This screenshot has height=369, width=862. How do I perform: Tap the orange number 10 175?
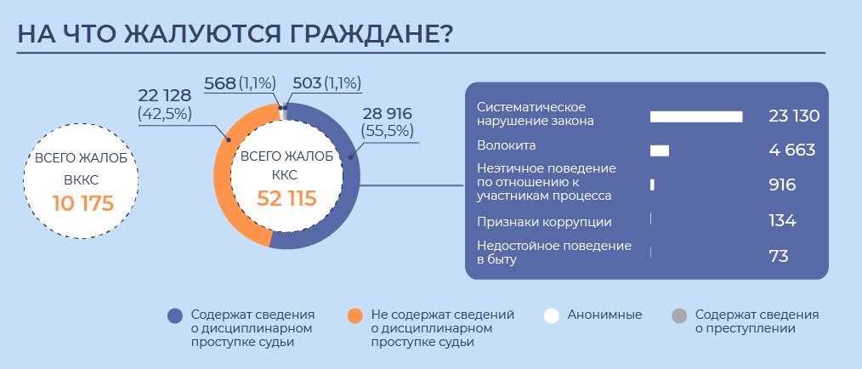82,203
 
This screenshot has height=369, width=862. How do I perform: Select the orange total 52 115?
286,198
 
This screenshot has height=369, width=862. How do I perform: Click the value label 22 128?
164,95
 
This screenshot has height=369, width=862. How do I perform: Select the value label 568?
220,83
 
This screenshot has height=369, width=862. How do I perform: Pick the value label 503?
307,83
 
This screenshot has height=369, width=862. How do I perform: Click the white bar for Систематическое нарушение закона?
696,116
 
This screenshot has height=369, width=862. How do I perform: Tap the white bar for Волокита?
660,151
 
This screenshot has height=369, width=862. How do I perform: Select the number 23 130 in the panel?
794,116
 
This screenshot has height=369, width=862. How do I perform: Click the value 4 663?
791,150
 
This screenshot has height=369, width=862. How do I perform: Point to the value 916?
782,184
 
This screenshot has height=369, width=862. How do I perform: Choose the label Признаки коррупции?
544,222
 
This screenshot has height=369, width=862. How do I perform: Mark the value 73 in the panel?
779,256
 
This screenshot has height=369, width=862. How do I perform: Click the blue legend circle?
175,315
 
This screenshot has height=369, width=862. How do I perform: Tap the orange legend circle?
355,315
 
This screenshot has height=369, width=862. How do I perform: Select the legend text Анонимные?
604,315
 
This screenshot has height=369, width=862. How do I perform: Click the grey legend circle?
679,315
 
